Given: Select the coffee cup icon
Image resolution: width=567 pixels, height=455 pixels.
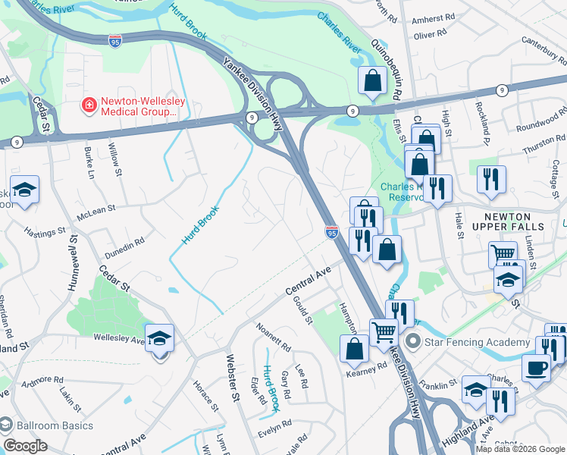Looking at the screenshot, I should pyautogui.click(x=536, y=368).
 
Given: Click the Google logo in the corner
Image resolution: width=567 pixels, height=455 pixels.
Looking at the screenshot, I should pyautogui.click(x=25, y=446).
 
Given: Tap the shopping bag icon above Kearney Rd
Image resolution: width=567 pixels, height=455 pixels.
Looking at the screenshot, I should pyautogui.click(x=354, y=348).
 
